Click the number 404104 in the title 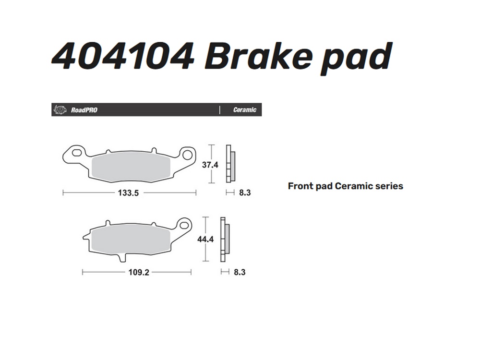point(123,56)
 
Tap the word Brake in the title point(259,56)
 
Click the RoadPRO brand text point(84,110)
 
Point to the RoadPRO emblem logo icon point(60,109)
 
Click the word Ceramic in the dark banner point(245,109)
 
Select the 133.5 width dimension point(128,193)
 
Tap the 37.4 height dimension point(210,165)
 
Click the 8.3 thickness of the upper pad point(245,192)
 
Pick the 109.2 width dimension point(139,272)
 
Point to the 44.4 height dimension point(205,239)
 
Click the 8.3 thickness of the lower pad point(240,272)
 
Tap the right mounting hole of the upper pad point(187,156)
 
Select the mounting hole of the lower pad point(184,225)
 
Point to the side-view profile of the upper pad point(231,164)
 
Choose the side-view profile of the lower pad point(225,240)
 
